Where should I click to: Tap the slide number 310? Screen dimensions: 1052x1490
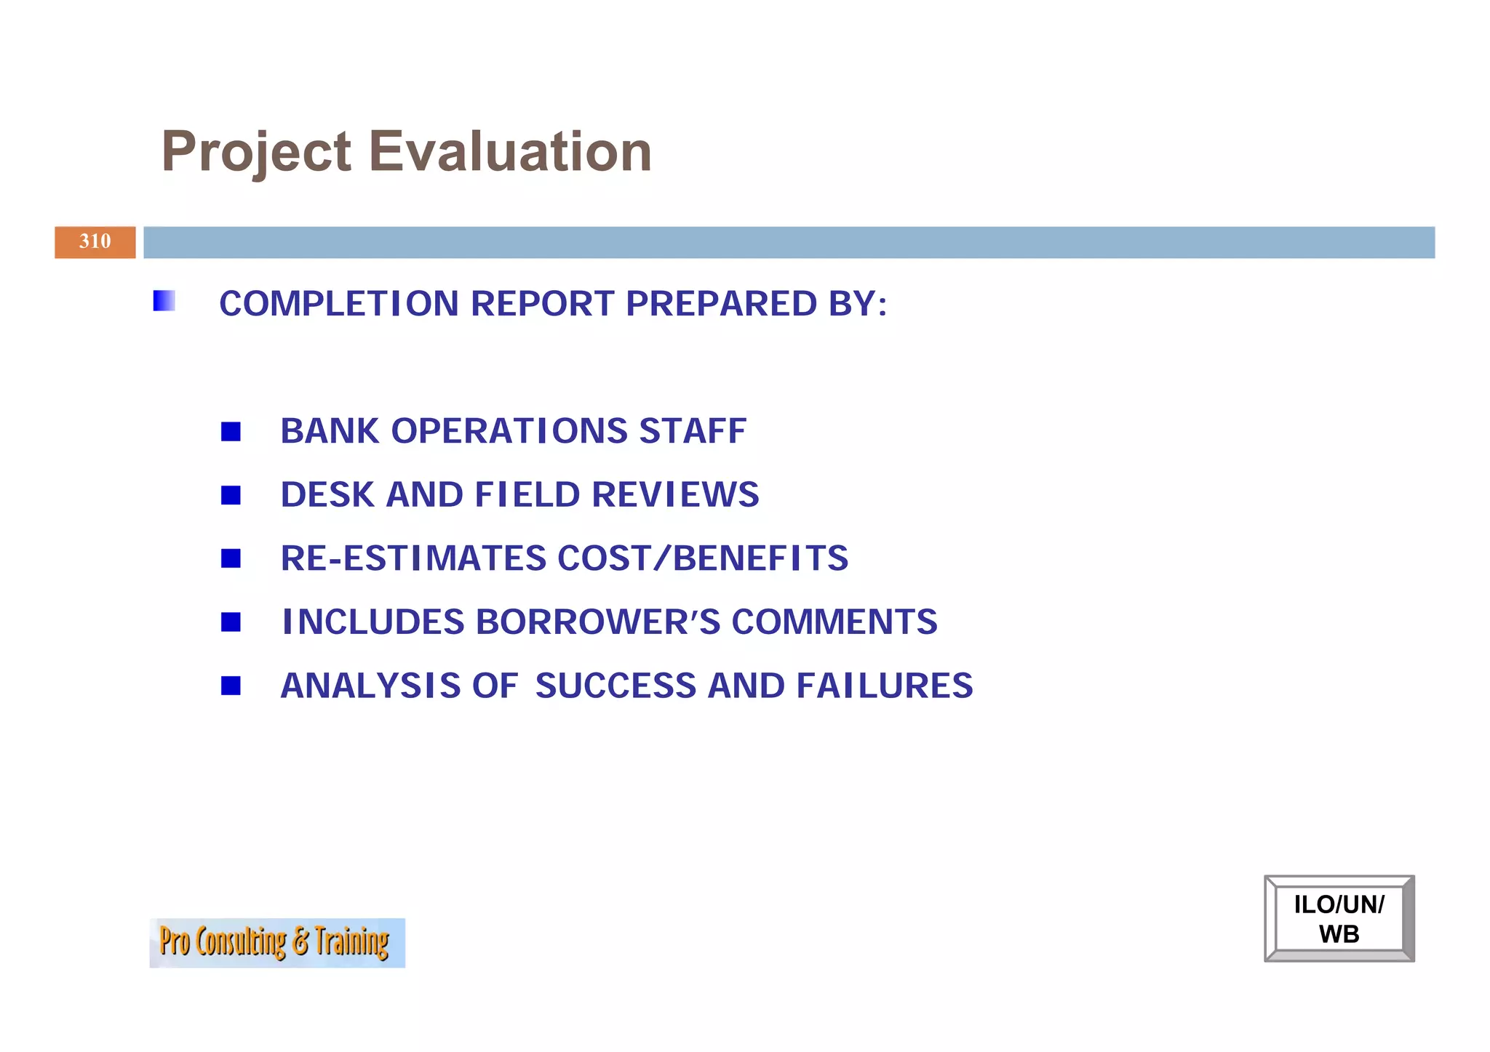tap(95, 241)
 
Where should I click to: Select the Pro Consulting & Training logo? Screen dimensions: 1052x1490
tap(276, 942)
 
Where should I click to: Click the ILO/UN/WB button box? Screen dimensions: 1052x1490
tap(1339, 918)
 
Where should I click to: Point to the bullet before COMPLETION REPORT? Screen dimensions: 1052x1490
tap(164, 301)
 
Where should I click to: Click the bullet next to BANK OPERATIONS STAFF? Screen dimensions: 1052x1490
tap(231, 432)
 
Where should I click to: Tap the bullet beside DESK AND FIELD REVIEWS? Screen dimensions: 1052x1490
tap(231, 495)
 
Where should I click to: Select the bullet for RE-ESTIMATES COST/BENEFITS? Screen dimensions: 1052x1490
tap(231, 558)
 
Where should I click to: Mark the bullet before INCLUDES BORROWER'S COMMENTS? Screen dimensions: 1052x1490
tap(231, 622)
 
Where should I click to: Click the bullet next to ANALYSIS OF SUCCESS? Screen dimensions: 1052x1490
tap(231, 686)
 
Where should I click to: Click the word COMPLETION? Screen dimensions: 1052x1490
tap(338, 304)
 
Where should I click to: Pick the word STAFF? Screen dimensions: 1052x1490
tap(692, 431)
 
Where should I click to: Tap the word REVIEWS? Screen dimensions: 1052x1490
tap(675, 495)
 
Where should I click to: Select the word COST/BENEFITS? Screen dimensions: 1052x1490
tap(702, 558)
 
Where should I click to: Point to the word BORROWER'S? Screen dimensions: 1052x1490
tap(597, 622)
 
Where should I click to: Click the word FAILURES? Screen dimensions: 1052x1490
tap(884, 686)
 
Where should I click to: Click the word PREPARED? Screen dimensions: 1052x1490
tap(721, 304)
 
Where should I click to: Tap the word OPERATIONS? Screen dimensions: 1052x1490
tap(509, 431)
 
